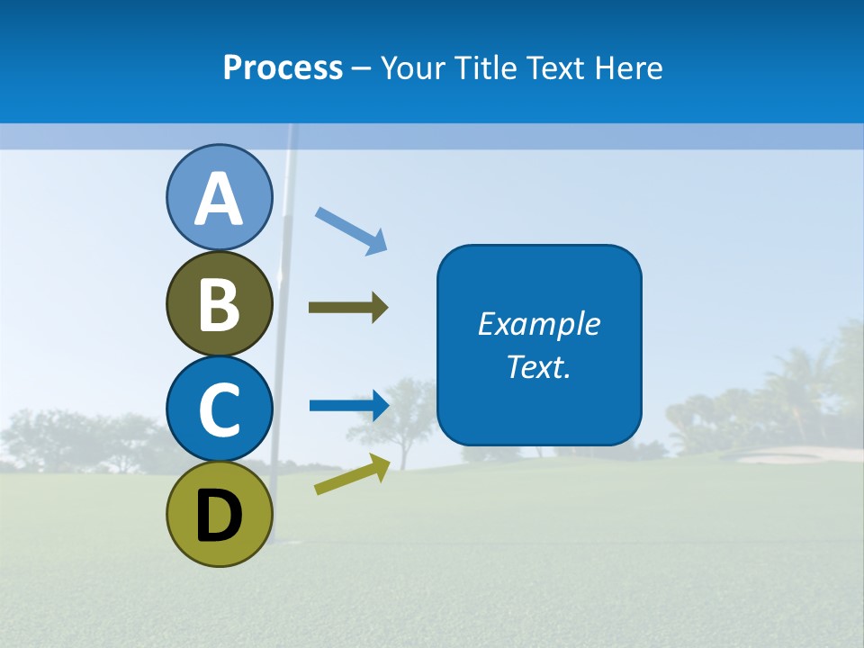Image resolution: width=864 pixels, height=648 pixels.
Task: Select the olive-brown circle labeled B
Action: [x=219, y=303]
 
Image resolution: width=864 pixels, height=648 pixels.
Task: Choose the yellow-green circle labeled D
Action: [x=219, y=514]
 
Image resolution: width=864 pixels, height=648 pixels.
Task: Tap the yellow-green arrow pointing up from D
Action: [x=352, y=474]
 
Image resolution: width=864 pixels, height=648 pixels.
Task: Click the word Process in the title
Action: [x=283, y=67]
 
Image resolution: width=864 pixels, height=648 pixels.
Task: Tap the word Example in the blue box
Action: [x=539, y=324]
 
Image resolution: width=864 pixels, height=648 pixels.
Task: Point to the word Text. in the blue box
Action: [x=539, y=366]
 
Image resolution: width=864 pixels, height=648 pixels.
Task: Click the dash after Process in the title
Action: [x=362, y=68]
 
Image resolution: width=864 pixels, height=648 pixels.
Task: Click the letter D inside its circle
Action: [x=219, y=517]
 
